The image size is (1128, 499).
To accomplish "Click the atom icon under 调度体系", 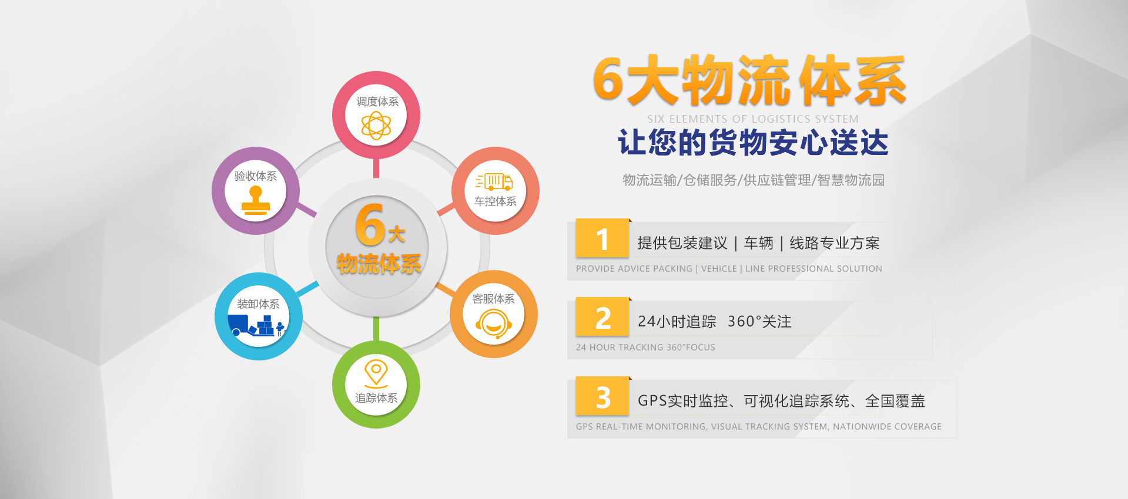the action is point(376,126).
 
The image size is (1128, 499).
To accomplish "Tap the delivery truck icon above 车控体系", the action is point(494,181).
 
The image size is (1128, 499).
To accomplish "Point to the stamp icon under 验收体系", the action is point(256,200).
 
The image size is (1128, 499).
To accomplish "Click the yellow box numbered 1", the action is point(603,238).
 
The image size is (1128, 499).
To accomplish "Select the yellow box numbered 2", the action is point(603,317).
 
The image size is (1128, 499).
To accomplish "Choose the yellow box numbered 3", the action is point(603,396).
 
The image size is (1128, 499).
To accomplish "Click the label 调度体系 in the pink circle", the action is point(377,102).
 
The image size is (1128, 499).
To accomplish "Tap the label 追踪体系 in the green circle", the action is point(376,398).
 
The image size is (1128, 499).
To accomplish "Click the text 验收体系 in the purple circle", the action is point(256,176).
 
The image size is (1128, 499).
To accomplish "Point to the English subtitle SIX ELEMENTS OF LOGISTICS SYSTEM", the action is point(753,119).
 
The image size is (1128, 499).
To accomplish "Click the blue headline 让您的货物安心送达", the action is point(753,143).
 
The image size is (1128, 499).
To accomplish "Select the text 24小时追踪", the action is point(677,322).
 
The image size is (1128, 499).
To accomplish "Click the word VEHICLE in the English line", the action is point(719,269).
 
